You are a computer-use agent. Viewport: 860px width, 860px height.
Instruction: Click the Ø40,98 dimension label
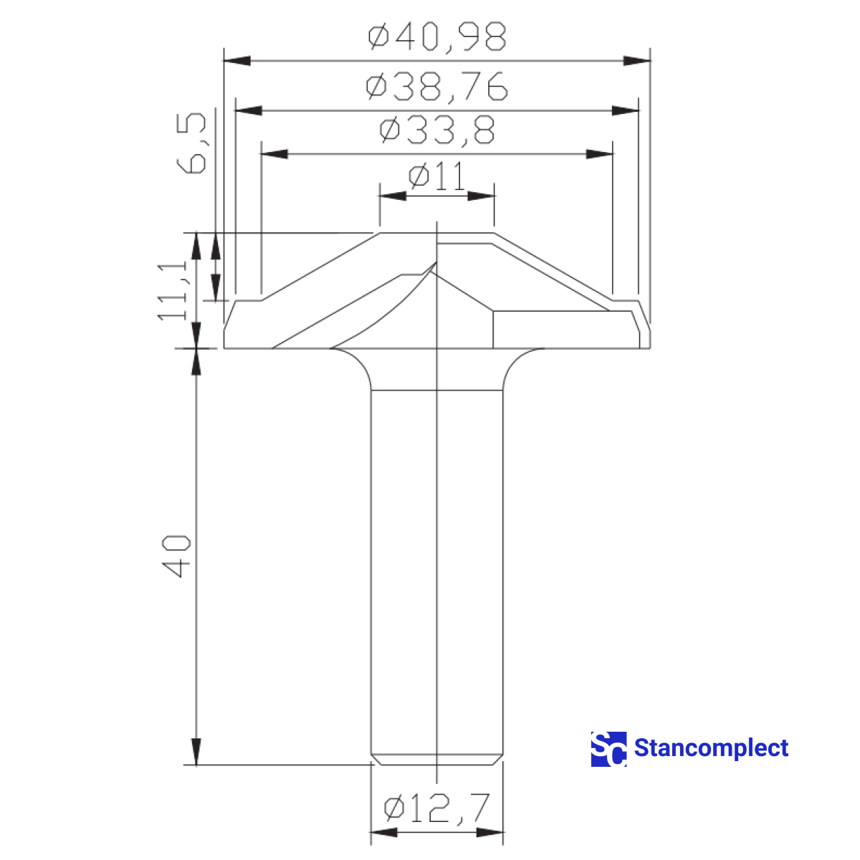point(437,37)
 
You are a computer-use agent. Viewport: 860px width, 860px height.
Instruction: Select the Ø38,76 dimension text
point(436,87)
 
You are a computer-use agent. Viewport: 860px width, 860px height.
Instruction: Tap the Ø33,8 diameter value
point(436,131)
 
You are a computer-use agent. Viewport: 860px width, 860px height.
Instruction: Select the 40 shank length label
point(176,556)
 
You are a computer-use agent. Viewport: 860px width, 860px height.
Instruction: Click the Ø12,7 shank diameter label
point(436,808)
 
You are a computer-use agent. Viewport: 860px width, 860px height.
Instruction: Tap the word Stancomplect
point(711,749)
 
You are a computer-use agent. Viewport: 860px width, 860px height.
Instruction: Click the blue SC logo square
point(608,749)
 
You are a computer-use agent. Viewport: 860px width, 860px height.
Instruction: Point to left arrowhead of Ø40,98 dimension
point(236,60)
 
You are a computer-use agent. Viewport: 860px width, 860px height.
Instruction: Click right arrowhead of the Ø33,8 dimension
point(601,154)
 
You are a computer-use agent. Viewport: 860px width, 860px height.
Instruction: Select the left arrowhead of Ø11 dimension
point(393,196)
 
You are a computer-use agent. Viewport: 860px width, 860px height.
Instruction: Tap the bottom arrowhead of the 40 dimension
point(196,752)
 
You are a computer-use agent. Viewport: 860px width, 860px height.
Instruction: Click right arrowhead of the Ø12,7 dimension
point(490,832)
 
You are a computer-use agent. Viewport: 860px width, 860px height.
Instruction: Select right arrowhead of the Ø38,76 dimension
point(625,110)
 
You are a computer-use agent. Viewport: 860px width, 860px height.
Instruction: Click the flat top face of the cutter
point(436,233)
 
